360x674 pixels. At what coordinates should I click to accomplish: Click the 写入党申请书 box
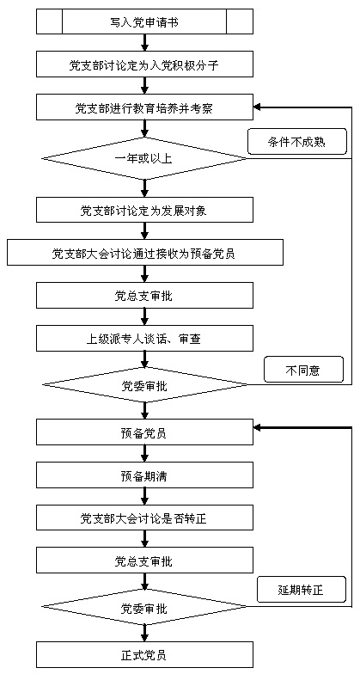point(144,22)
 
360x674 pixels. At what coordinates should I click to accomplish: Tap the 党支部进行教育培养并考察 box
point(144,107)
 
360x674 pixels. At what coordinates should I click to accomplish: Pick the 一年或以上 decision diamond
point(144,158)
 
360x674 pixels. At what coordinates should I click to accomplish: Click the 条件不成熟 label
point(297,141)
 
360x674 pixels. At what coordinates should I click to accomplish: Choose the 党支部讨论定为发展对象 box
point(144,210)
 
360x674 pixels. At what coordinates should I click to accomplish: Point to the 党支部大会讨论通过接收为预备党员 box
point(144,253)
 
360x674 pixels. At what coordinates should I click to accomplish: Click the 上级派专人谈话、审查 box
point(144,339)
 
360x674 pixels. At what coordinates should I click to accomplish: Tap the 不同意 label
point(304,370)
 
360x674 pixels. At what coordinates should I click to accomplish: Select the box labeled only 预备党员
point(144,433)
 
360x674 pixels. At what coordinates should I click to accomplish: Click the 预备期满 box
point(144,476)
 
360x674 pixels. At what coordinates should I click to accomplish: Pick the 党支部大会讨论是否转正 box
point(144,518)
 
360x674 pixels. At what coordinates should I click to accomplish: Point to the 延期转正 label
point(301,590)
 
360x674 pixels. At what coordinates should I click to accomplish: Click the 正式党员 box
point(144,655)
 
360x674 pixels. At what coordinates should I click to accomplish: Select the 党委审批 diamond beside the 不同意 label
point(144,385)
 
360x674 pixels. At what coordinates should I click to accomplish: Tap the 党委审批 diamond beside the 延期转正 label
point(144,607)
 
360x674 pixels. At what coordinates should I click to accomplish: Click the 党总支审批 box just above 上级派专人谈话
point(144,296)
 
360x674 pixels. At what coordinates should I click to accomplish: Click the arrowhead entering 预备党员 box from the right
point(258,428)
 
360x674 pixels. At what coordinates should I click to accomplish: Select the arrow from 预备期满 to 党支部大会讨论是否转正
point(144,497)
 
